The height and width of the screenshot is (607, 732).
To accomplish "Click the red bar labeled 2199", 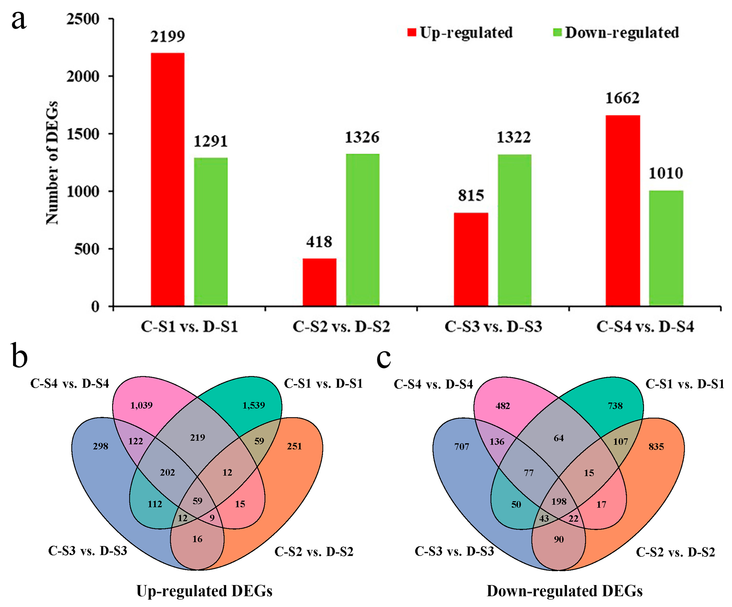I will tap(168, 179).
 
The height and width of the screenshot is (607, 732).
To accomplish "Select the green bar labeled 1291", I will tap(211, 232).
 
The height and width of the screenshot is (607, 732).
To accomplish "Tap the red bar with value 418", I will tap(319, 282).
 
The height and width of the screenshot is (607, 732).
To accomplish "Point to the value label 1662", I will tap(623, 98).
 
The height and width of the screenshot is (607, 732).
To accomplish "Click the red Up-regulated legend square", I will tap(412, 32).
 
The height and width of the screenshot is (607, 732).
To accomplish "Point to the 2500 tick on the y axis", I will tap(83, 19).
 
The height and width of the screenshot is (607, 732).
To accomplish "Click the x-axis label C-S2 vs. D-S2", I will tap(341, 327).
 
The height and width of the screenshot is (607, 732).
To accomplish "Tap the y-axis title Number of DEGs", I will tap(52, 163).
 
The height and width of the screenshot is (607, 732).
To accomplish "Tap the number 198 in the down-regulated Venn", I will tap(559, 501).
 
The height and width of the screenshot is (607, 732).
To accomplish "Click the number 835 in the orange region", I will tap(656, 447).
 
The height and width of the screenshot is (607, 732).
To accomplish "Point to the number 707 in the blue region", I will tap(461, 447).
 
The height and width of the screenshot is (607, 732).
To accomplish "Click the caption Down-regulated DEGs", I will tap(564, 591).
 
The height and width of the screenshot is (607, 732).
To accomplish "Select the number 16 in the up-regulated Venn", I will tap(197, 539).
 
